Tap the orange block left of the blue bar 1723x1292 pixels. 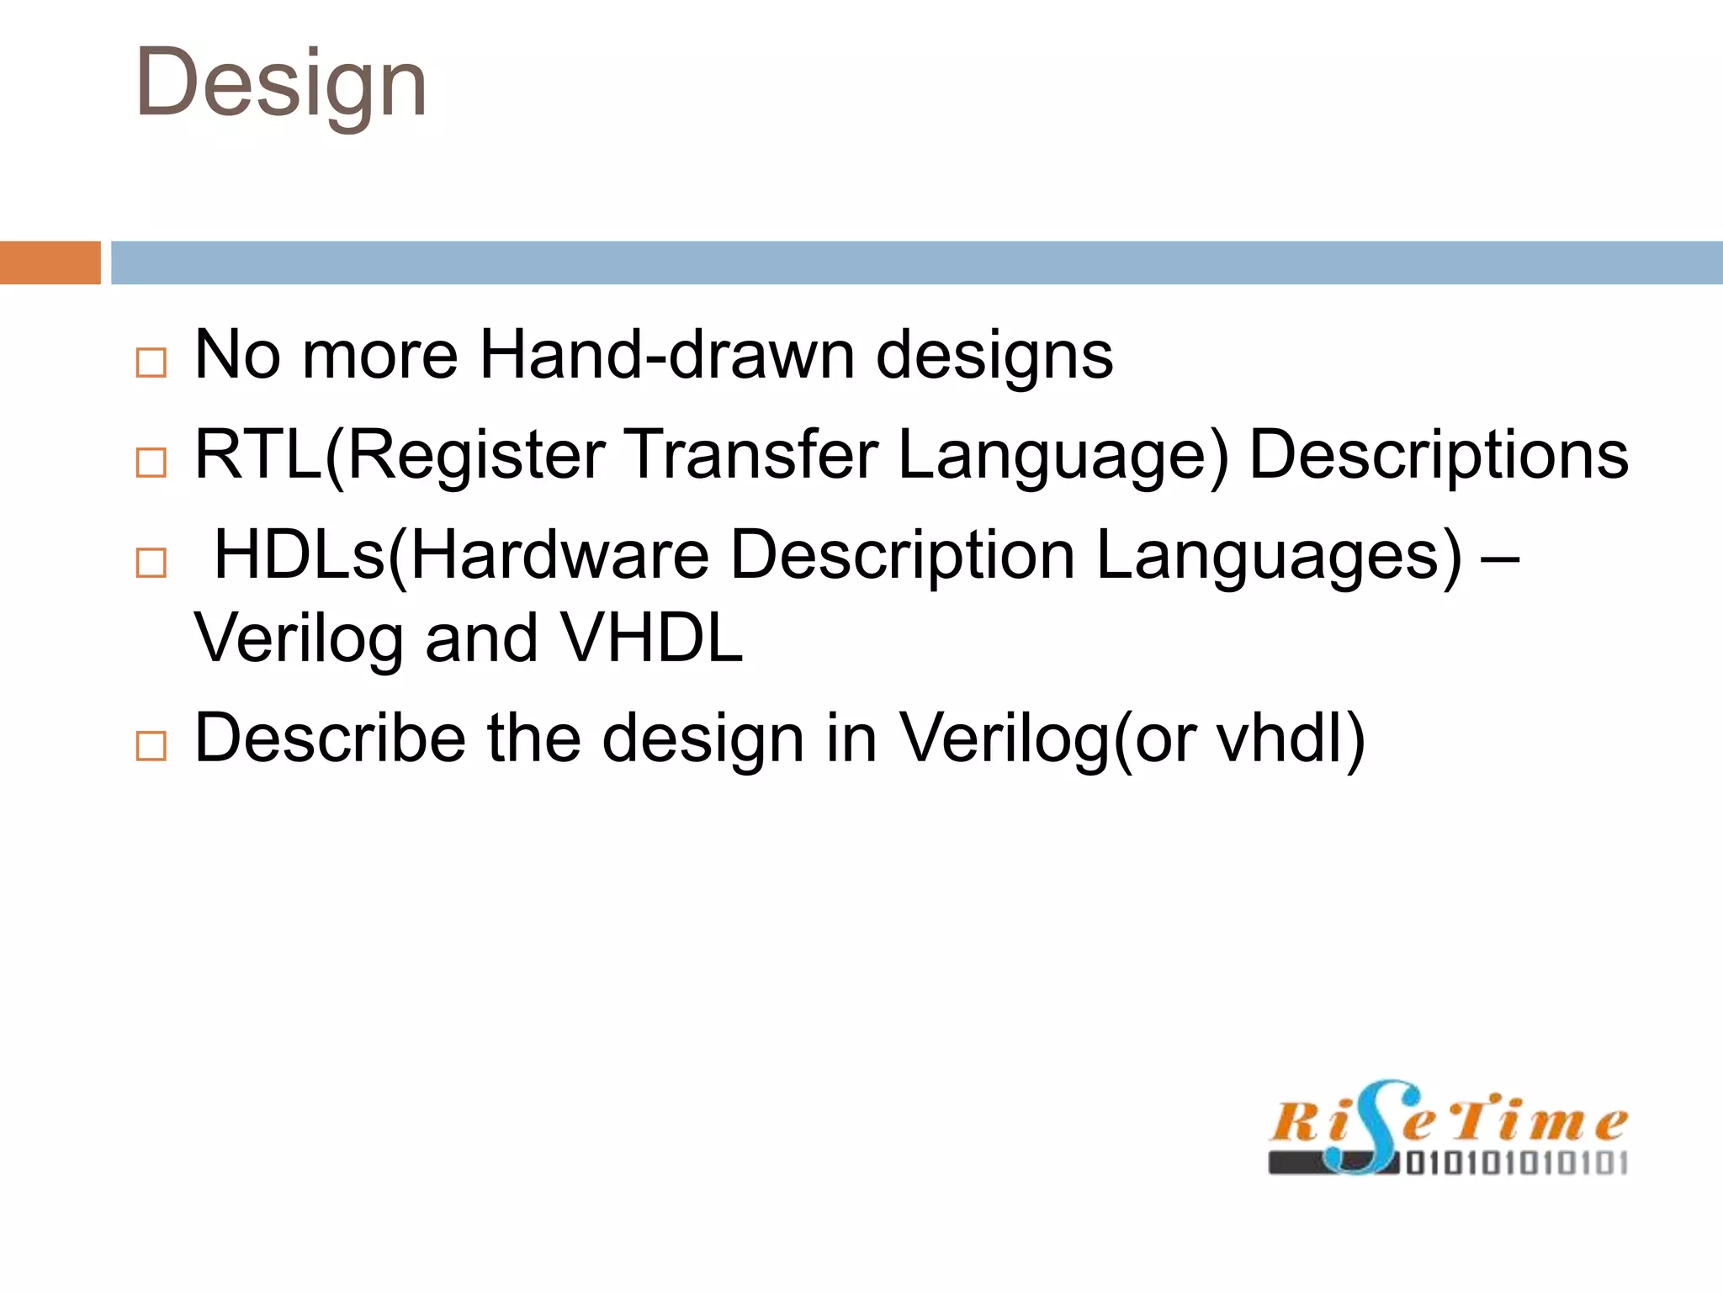click(x=50, y=262)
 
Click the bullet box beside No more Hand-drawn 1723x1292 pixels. click(x=151, y=363)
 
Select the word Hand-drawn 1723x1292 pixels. click(x=666, y=355)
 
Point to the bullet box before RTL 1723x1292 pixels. click(x=151, y=462)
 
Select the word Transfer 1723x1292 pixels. click(x=750, y=454)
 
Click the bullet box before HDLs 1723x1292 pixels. click(x=151, y=562)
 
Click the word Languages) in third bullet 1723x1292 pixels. click(x=1279, y=557)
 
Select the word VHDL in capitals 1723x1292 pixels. click(x=652, y=638)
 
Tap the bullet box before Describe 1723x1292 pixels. click(x=151, y=745)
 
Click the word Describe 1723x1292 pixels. click(x=330, y=738)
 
